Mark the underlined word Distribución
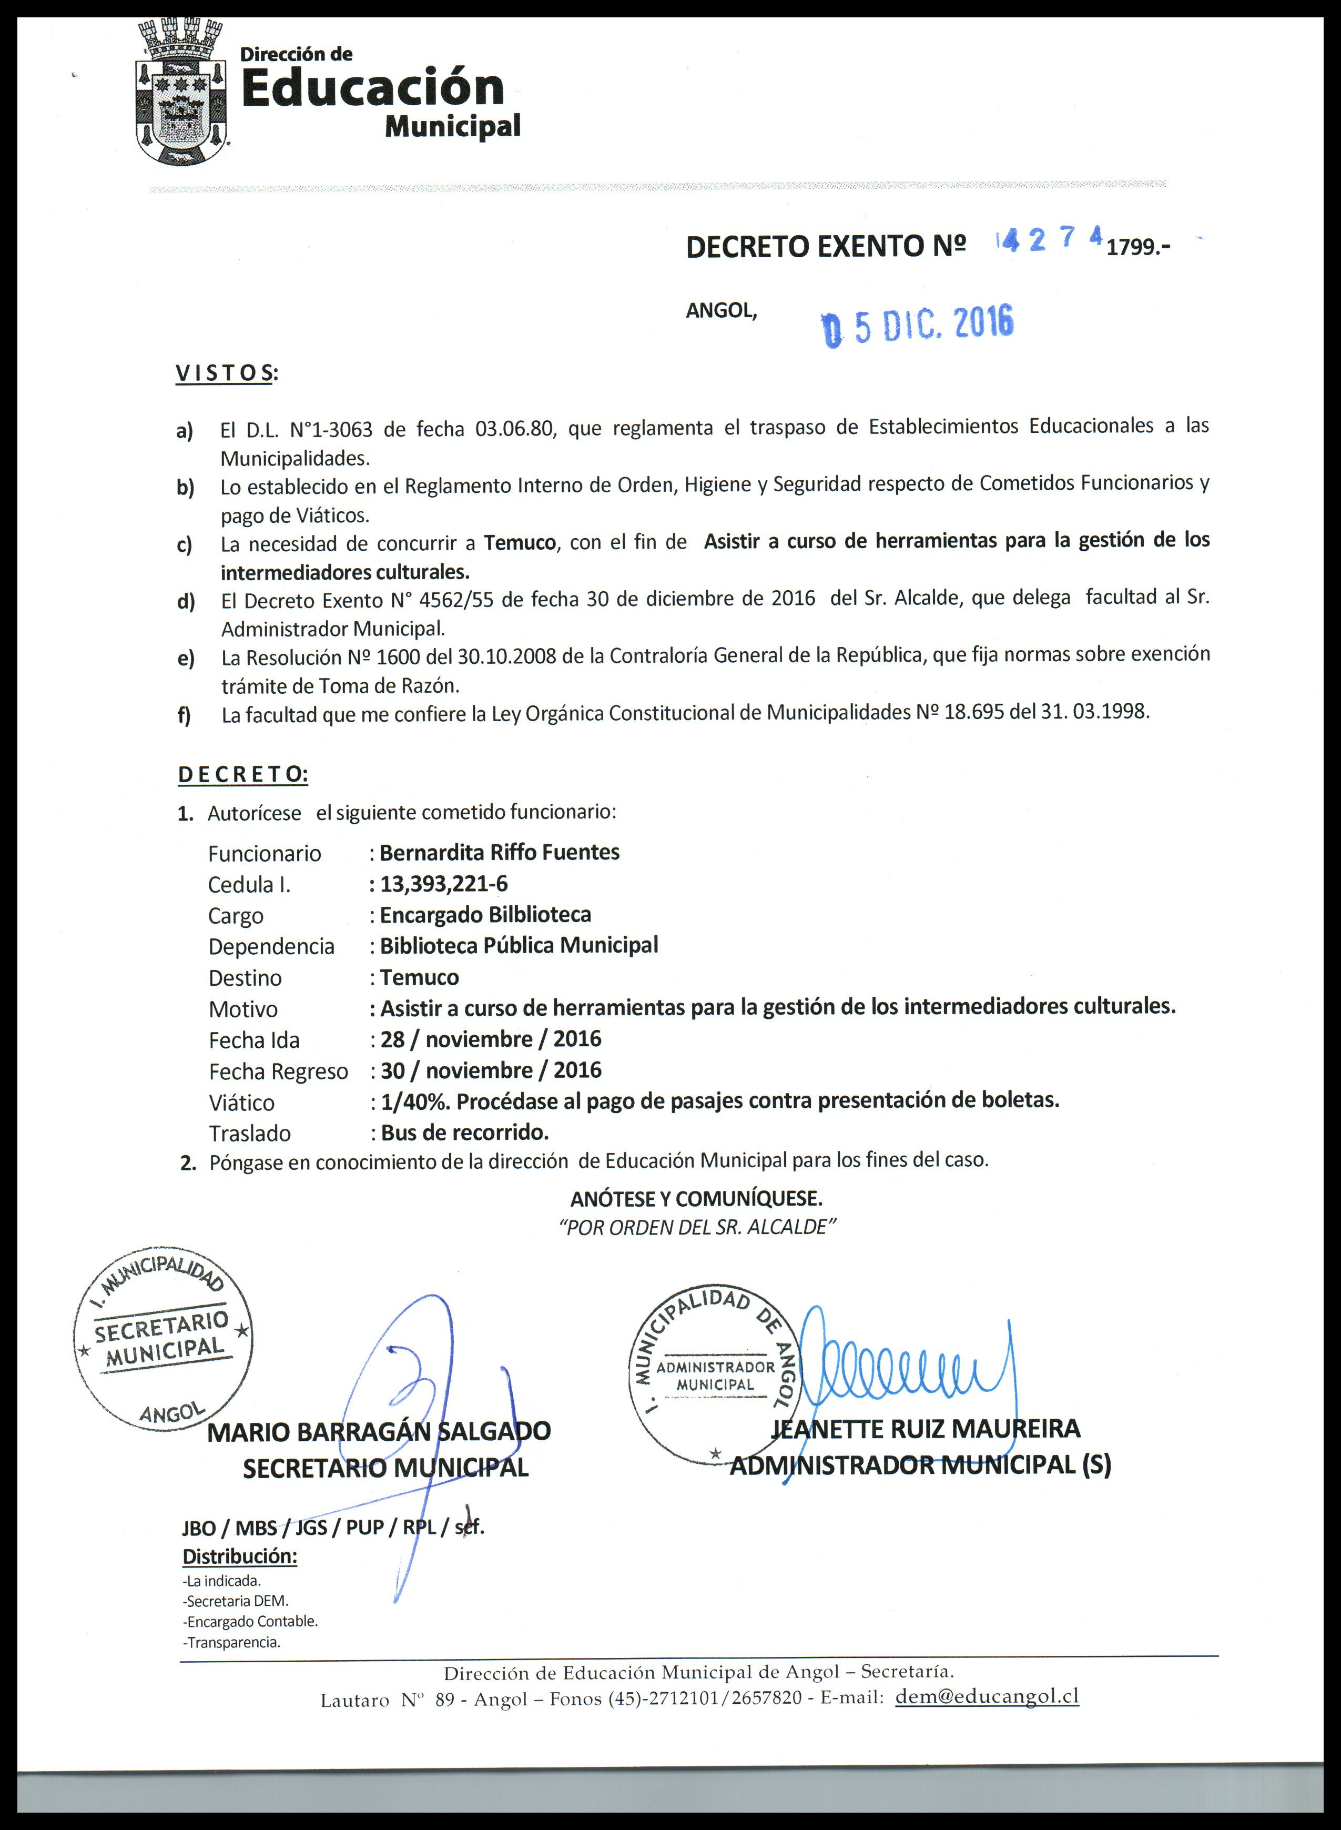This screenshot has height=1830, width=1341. tap(239, 1556)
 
